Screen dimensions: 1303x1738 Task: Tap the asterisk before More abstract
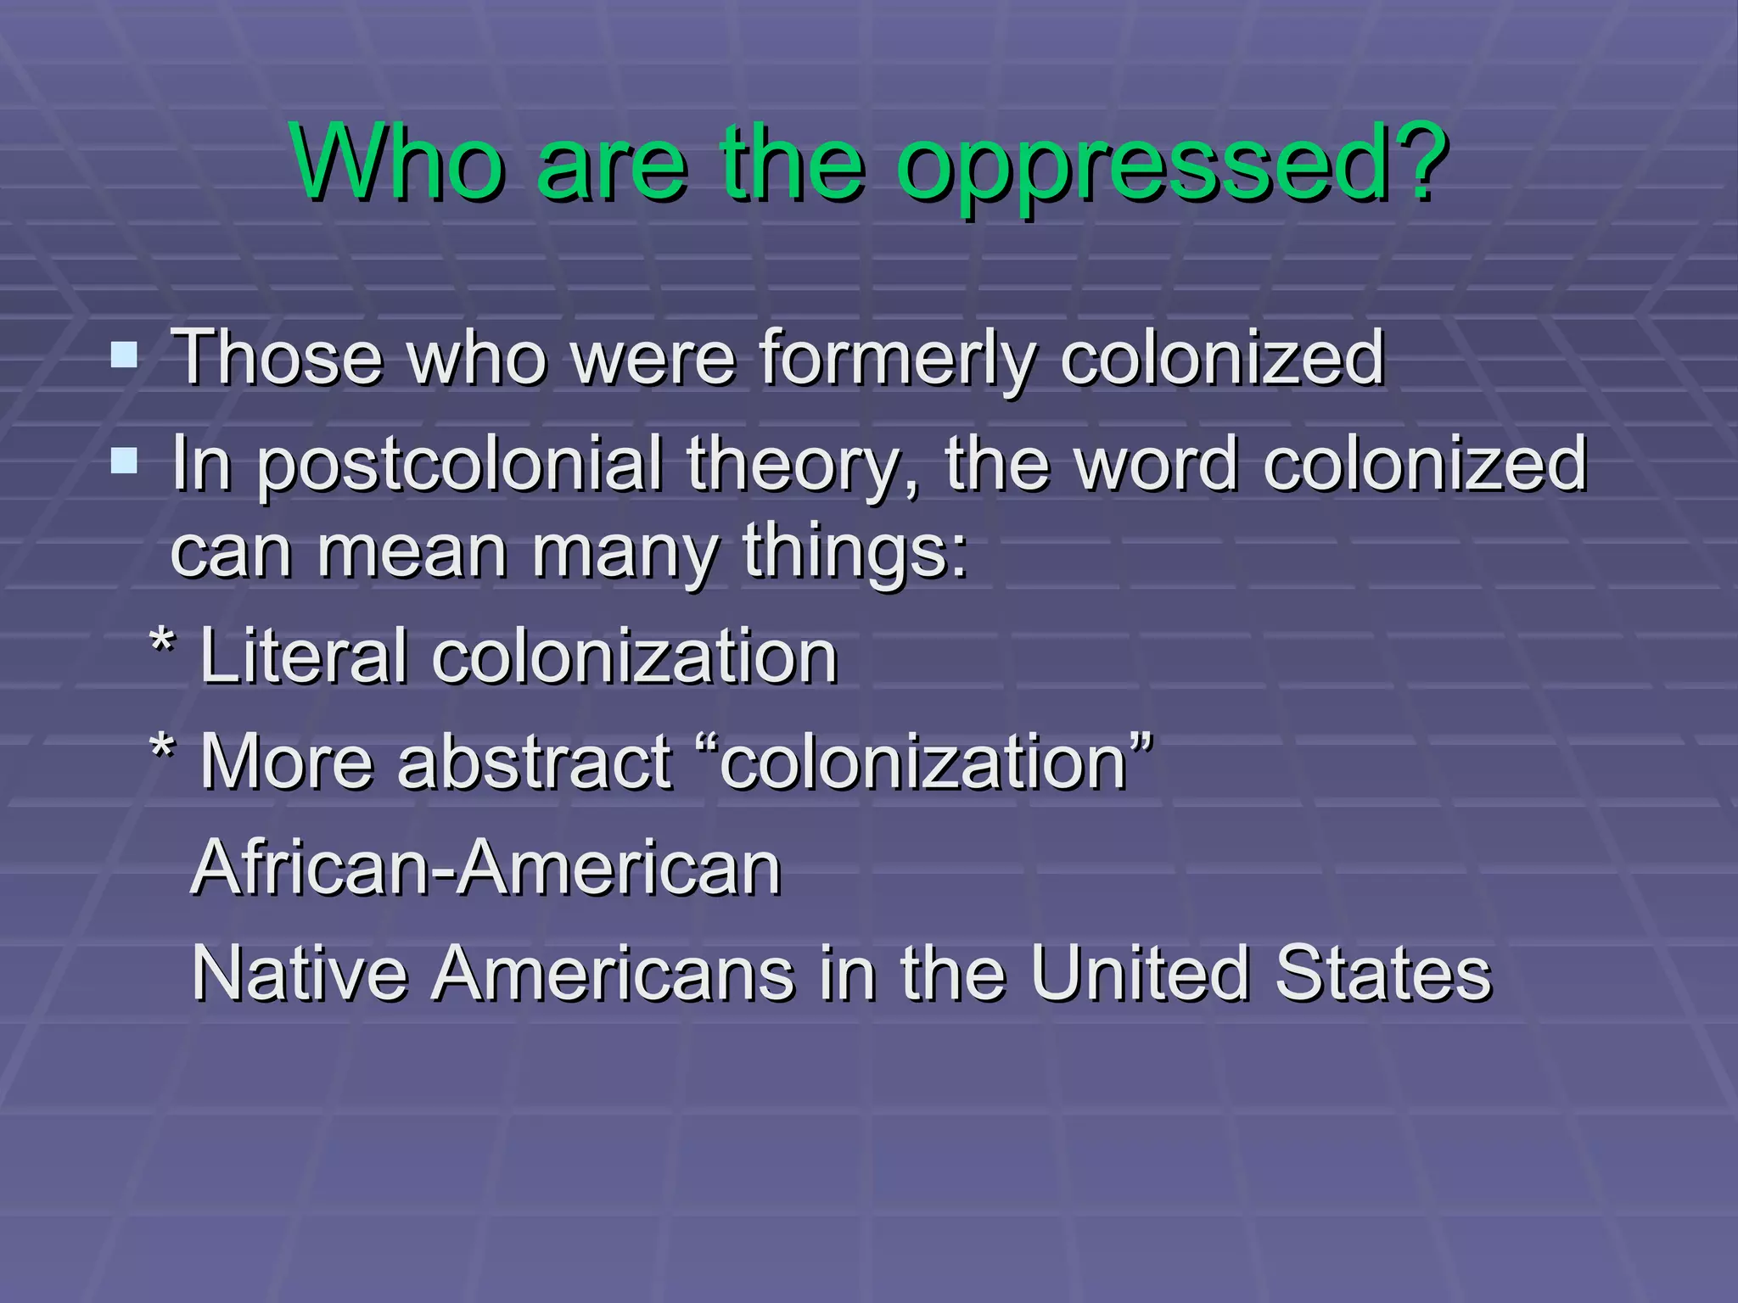pos(161,750)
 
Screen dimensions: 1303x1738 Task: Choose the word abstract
pos(535,761)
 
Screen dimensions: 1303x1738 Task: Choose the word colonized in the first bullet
pos(1222,358)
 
